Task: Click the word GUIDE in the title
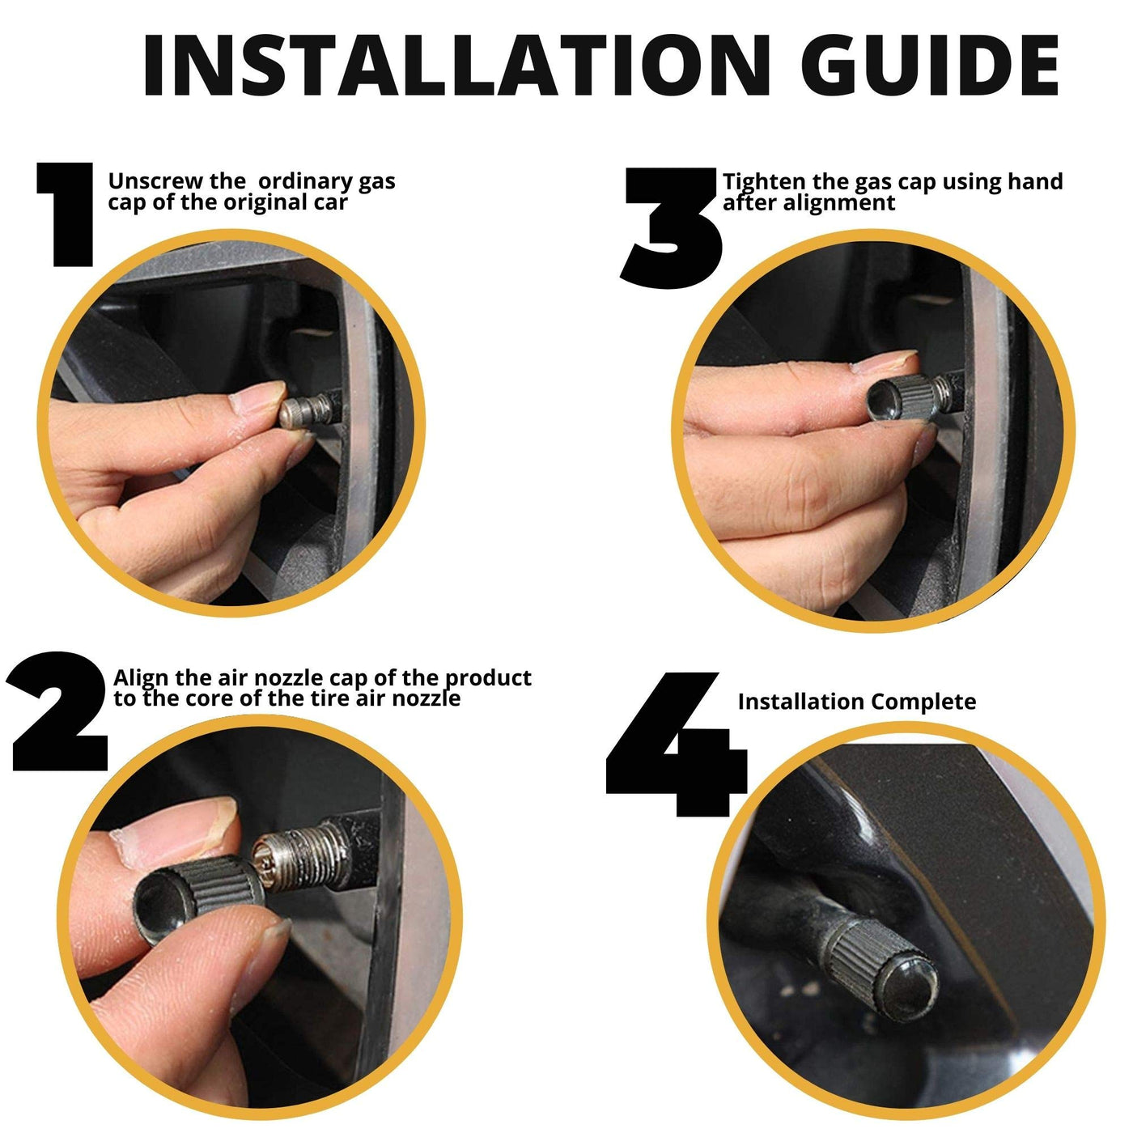(937, 65)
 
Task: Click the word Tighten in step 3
(762, 182)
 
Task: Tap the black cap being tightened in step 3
(904, 397)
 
